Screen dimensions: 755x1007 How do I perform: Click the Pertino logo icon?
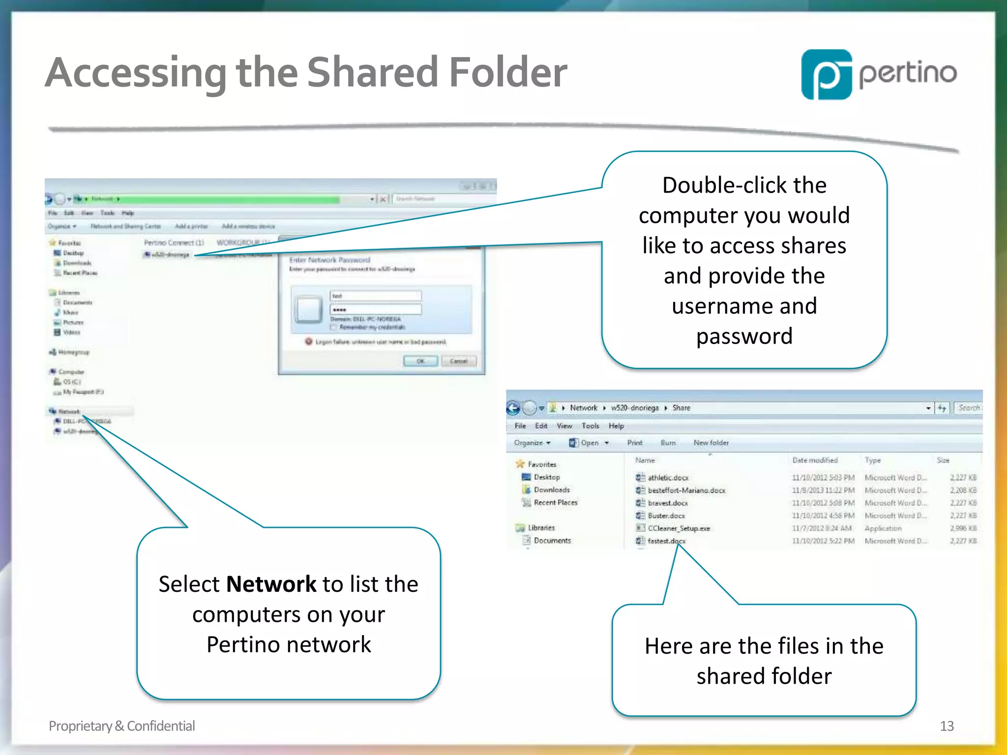coord(827,74)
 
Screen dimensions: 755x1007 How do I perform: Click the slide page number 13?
coord(947,726)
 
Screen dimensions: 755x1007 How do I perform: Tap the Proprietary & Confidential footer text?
coord(121,726)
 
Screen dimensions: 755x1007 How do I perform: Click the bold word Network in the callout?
coord(271,584)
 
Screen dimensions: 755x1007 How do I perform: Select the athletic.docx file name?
coord(668,477)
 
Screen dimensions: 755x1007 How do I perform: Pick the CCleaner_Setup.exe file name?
coord(679,528)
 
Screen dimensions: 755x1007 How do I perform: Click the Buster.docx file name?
coord(666,516)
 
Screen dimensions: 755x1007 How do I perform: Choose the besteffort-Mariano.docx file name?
coord(686,490)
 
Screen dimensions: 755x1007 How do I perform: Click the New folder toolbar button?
coord(711,443)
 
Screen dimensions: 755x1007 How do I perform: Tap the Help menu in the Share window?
coord(616,426)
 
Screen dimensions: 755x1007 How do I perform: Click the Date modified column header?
coord(815,460)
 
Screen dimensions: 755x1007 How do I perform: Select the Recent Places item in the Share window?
coord(556,502)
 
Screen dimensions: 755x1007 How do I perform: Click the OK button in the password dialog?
coord(420,361)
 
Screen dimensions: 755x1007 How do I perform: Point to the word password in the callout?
coord(744,337)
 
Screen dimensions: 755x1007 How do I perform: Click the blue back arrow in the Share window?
coord(513,408)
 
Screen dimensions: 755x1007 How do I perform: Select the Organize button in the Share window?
coord(532,443)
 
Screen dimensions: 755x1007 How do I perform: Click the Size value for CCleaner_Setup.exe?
coord(963,528)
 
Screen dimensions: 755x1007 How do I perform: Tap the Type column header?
coord(873,460)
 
